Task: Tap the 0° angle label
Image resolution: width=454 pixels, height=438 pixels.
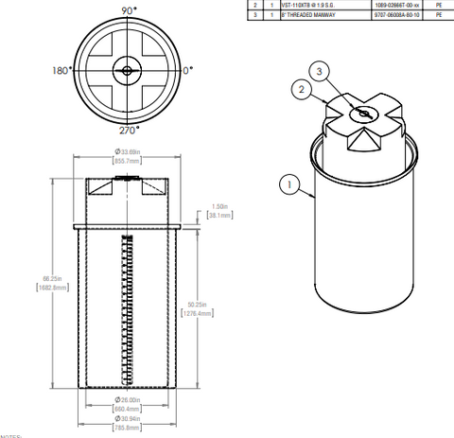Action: pyautogui.click(x=186, y=70)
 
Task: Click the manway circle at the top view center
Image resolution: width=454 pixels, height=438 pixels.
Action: pyautogui.click(x=127, y=69)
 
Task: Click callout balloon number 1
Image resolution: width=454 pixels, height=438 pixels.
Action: pyautogui.click(x=287, y=185)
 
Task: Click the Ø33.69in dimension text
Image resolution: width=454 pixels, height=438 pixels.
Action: pyautogui.click(x=127, y=151)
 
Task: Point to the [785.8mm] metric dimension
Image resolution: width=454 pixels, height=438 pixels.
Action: pyautogui.click(x=127, y=427)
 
